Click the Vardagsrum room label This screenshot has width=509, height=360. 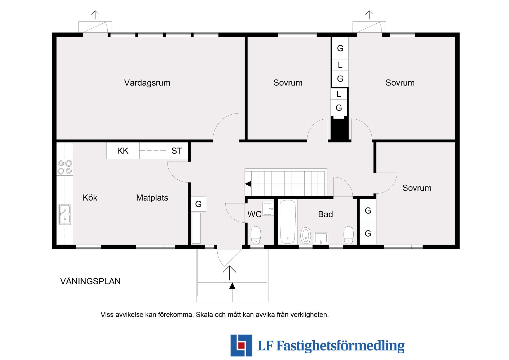click(147, 83)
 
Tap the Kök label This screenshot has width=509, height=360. click(90, 198)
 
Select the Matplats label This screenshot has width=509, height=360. click(152, 198)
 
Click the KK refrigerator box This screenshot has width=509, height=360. click(123, 151)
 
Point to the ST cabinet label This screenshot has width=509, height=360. click(177, 151)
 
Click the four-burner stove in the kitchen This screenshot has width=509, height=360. click(65, 167)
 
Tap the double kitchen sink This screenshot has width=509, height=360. click(65, 214)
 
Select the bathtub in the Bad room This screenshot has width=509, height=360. click(288, 222)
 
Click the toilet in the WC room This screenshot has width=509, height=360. click(256, 235)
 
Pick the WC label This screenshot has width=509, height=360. click(254, 214)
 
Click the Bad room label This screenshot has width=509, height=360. click(325, 214)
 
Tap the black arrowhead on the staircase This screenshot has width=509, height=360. click(248, 184)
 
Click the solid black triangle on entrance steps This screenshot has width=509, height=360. click(232, 286)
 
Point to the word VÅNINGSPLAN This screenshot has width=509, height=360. click(90, 281)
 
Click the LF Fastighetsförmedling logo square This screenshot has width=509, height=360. click(241, 345)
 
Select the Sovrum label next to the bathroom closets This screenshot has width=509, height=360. click(417, 188)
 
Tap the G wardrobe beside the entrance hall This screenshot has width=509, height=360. click(198, 204)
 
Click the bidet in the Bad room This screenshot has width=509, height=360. click(306, 235)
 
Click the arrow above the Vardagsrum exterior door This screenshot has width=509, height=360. click(95, 15)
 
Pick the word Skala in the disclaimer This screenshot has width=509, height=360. click(204, 315)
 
